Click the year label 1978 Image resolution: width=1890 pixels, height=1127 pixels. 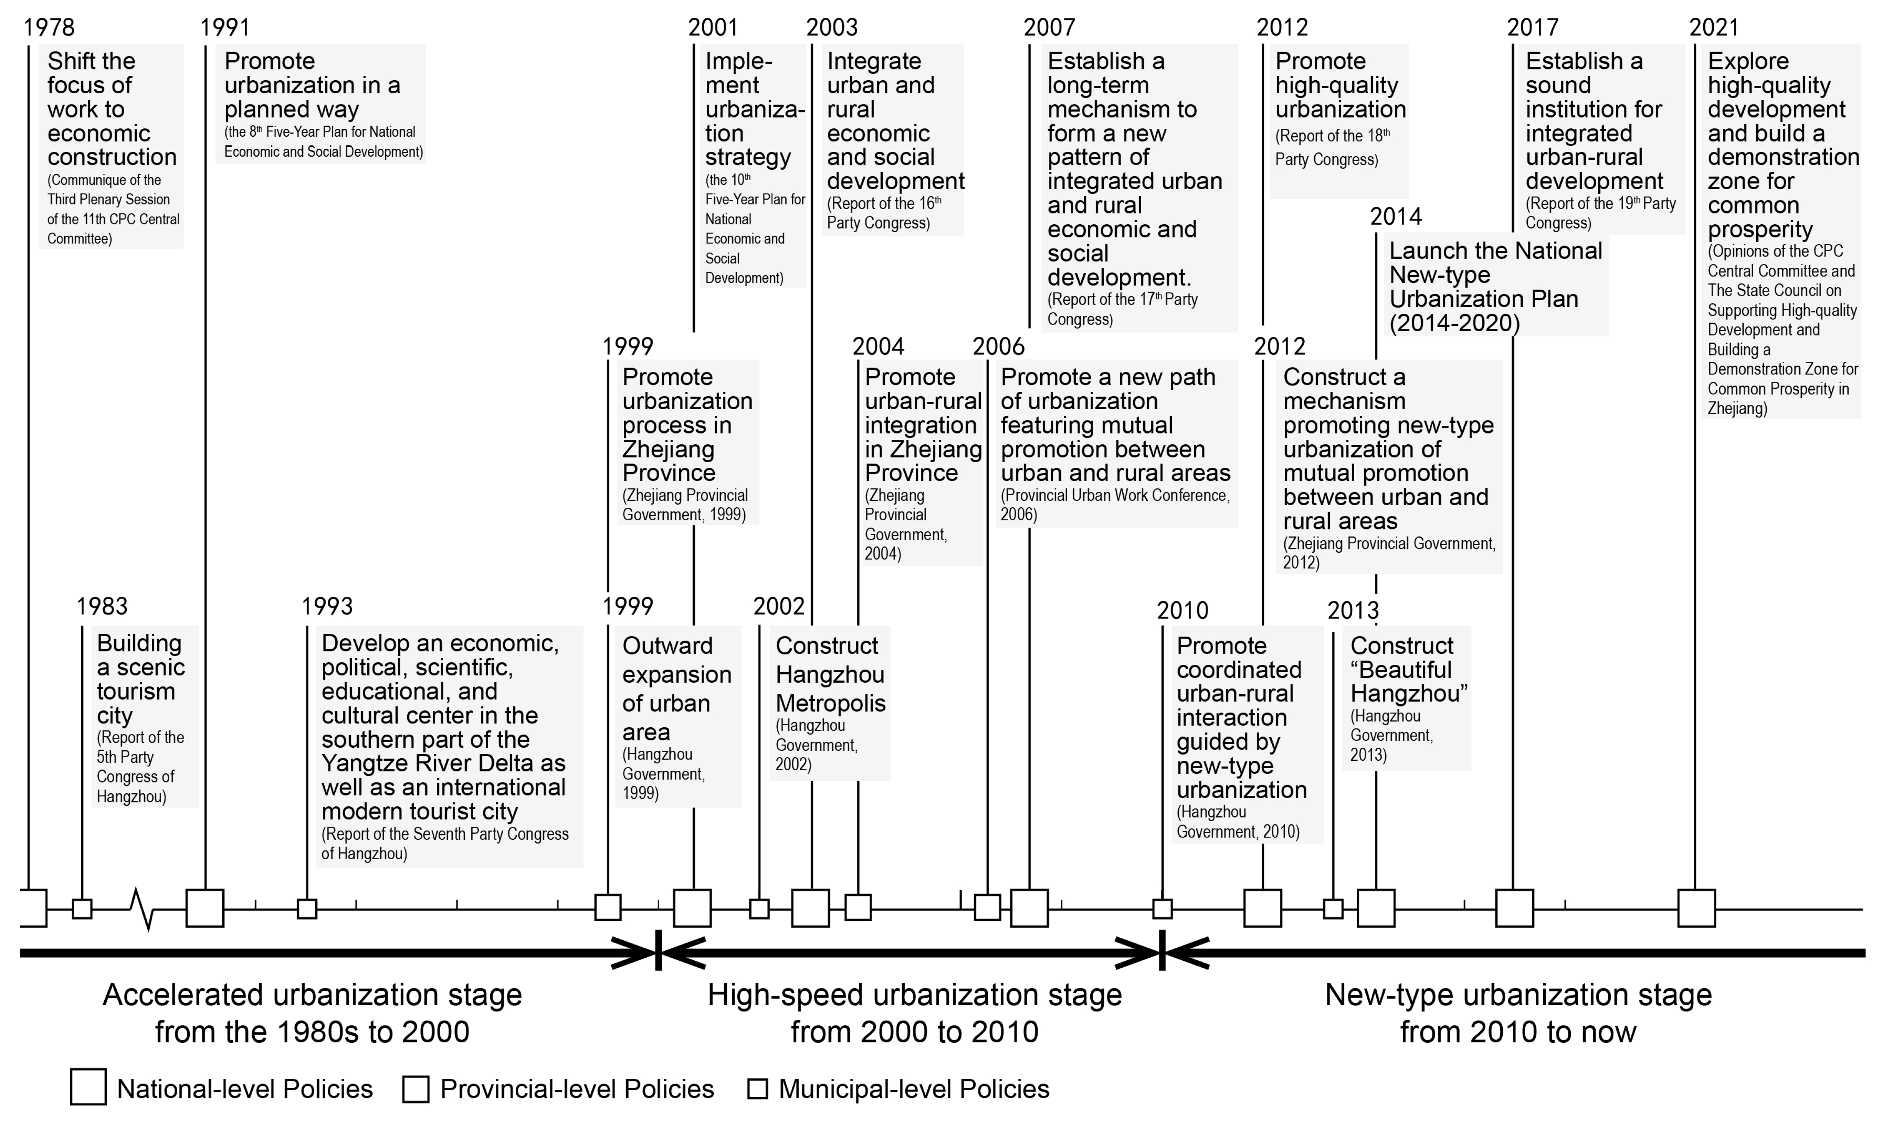(x=49, y=27)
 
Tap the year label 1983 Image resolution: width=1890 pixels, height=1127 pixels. (x=102, y=606)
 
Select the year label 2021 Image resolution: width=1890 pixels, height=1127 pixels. (x=1714, y=27)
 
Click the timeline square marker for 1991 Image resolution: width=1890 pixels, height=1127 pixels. (x=205, y=908)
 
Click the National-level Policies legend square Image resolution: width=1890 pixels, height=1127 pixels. (x=88, y=1088)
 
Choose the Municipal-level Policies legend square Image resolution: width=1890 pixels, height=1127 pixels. (x=757, y=1089)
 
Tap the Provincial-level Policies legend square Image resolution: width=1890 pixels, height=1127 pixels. (x=416, y=1089)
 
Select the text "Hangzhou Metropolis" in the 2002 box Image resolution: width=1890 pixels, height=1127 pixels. (x=830, y=689)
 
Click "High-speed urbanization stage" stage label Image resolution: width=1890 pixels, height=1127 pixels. (x=915, y=995)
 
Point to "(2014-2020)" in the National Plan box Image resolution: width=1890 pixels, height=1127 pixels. (x=1455, y=324)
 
